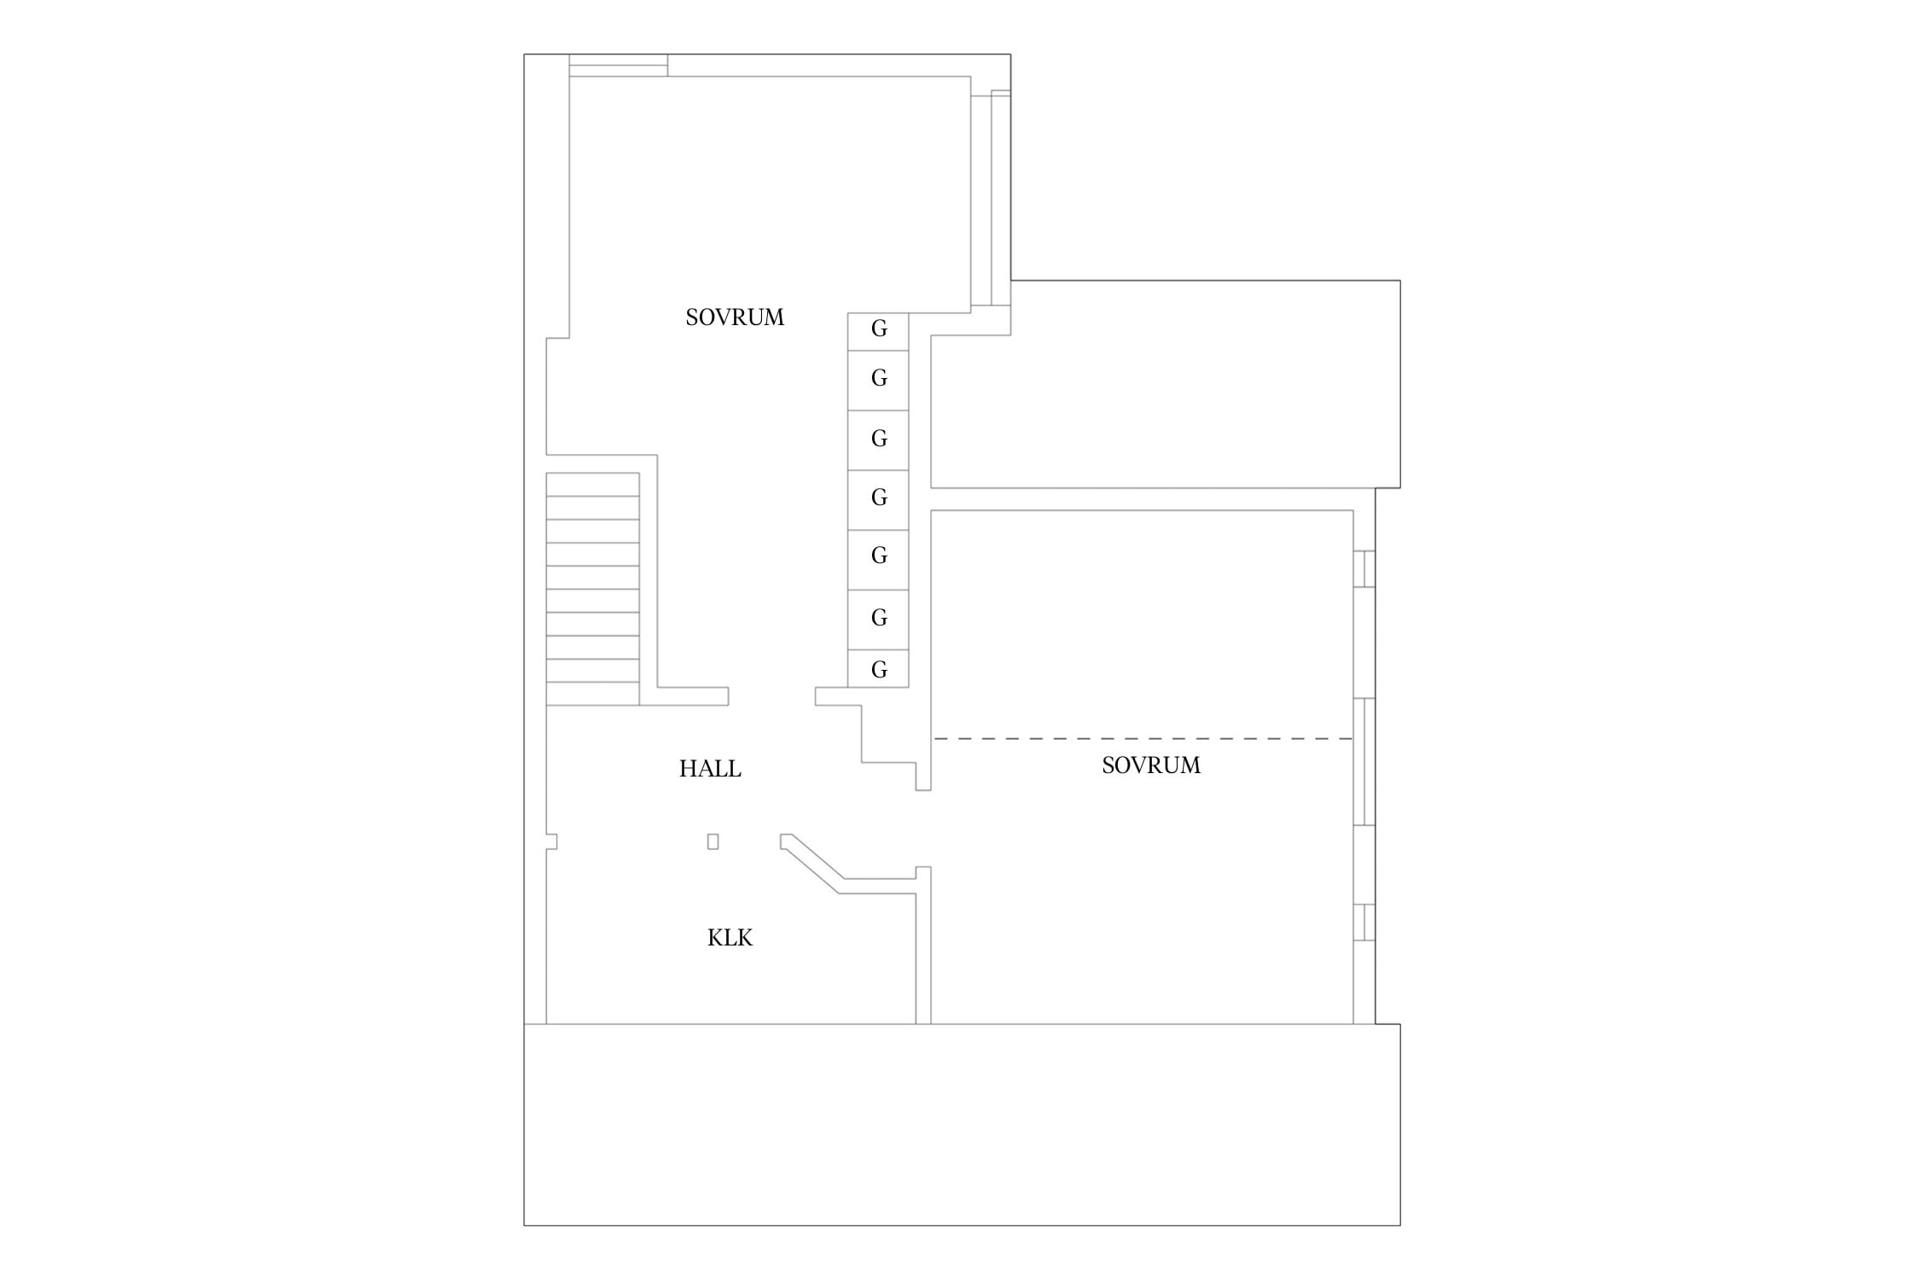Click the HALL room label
tap(710, 769)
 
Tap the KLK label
tap(730, 938)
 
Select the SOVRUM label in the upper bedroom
tap(735, 317)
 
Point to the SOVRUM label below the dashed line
tap(1151, 765)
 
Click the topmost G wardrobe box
tap(878, 332)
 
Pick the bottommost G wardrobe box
tap(878, 668)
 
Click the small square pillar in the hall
tap(713, 841)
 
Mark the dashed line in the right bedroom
tap(1143, 738)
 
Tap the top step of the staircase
tap(592, 485)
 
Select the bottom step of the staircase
tap(592, 694)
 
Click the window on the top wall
tap(619, 66)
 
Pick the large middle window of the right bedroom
tap(1364, 762)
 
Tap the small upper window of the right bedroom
tap(1364, 569)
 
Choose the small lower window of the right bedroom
tap(1364, 922)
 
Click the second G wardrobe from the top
tap(878, 381)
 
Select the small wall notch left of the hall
tap(551, 841)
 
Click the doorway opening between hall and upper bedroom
tap(772, 696)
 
